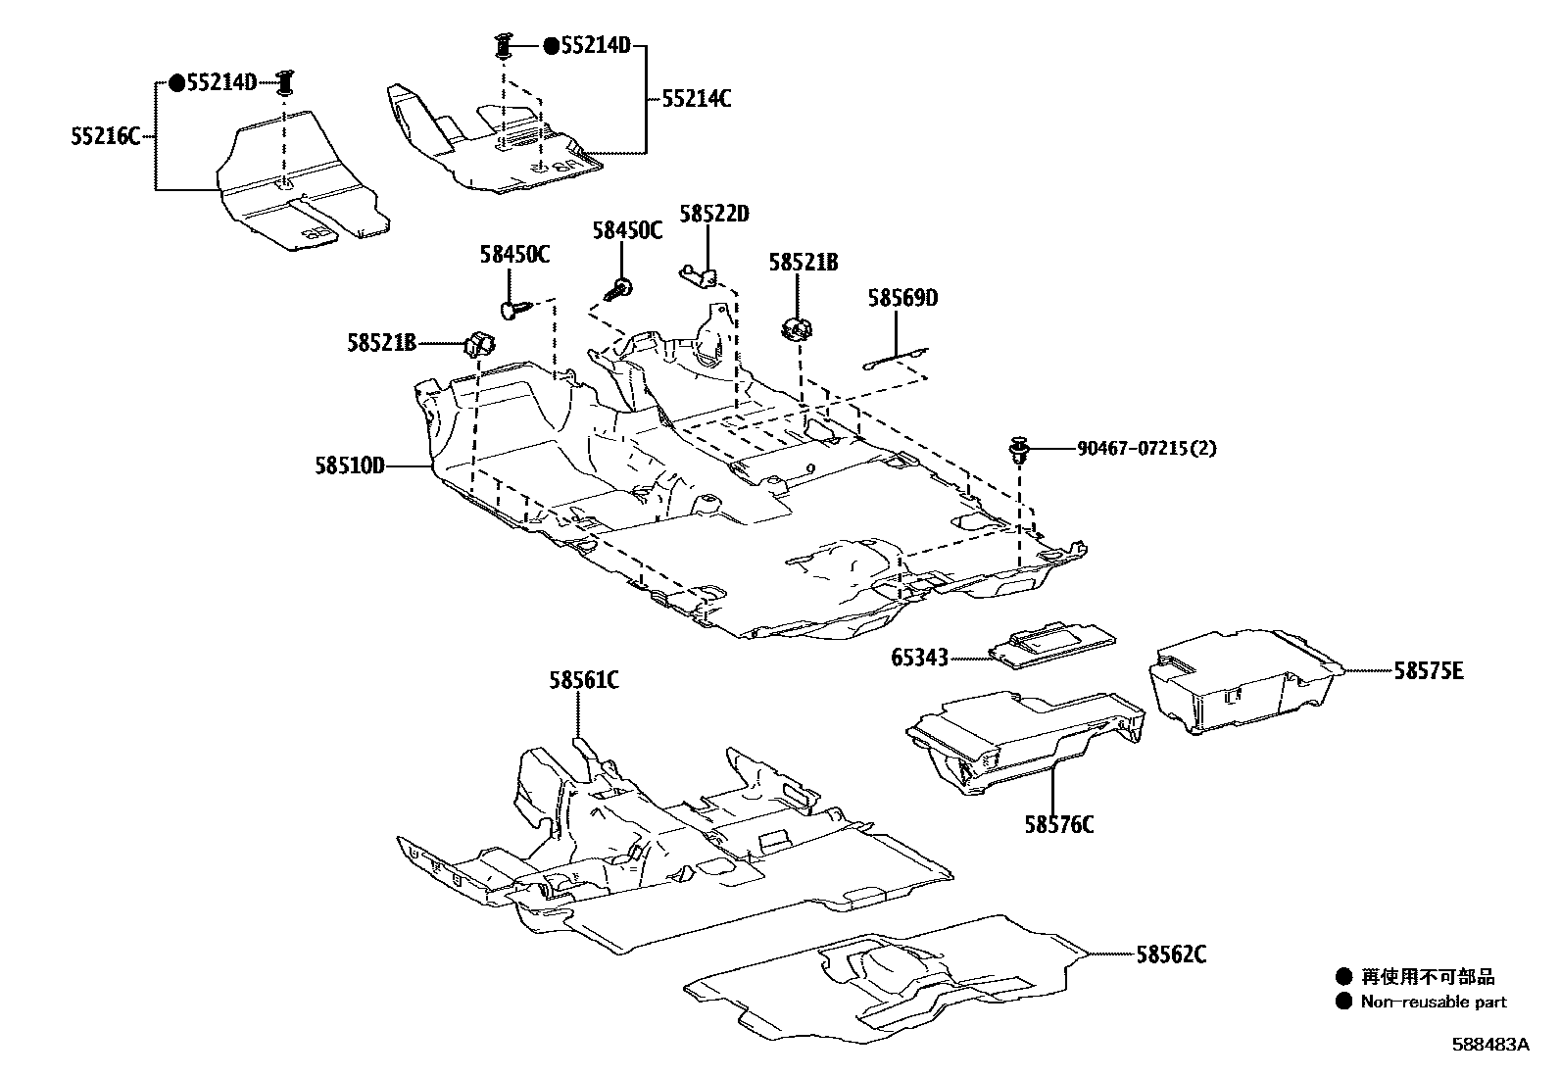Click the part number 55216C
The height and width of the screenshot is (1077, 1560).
(x=105, y=136)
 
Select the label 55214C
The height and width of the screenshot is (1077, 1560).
(x=696, y=99)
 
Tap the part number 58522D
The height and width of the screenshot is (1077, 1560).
(x=714, y=214)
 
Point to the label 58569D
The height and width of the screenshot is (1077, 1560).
(x=902, y=298)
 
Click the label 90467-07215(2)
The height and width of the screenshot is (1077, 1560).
(x=1146, y=448)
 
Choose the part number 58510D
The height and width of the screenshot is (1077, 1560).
(x=349, y=466)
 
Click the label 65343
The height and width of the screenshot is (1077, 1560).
(x=919, y=658)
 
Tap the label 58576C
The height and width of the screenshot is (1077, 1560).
(x=1059, y=824)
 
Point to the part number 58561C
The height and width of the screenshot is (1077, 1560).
(x=583, y=679)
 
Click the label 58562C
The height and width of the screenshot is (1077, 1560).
(x=1171, y=954)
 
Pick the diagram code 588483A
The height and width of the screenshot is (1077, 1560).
(x=1489, y=1045)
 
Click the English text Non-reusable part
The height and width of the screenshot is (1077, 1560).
(x=1433, y=1002)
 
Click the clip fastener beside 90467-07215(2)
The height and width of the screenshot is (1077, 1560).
(x=1020, y=451)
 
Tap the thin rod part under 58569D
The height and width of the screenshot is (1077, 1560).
(x=897, y=359)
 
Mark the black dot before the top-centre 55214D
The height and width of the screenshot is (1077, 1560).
(x=552, y=45)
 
